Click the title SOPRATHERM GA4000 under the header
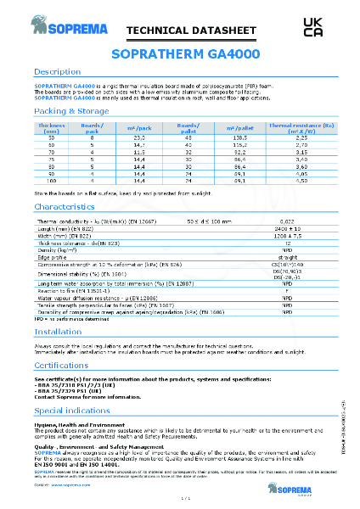[179, 54]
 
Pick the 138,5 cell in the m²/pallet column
[239, 137]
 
